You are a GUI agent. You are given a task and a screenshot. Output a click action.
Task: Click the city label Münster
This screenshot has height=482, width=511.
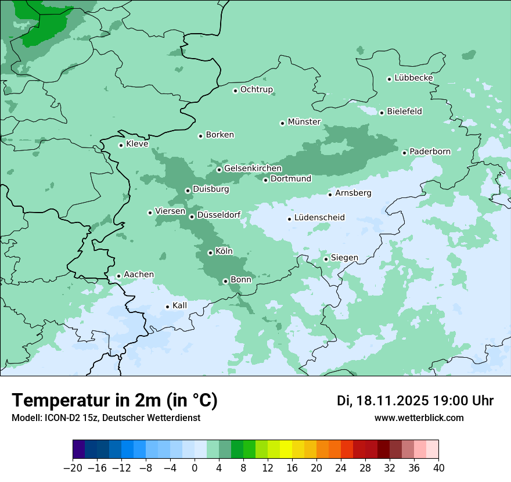304,122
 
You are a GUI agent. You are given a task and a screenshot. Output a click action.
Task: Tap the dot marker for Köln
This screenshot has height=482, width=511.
210,253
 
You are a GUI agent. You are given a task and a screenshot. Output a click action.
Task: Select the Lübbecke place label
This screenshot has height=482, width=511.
413,78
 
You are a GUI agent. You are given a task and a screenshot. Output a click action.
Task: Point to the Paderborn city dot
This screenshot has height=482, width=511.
405,153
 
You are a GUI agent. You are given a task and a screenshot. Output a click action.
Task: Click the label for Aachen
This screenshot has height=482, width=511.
139,275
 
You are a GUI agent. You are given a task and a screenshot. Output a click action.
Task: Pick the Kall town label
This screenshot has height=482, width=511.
180,305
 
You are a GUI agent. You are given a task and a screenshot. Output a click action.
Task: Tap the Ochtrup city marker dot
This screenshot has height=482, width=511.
235,91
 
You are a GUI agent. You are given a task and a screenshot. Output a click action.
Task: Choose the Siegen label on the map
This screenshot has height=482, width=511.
344,258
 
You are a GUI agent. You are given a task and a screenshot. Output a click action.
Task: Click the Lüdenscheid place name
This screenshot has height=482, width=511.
319,218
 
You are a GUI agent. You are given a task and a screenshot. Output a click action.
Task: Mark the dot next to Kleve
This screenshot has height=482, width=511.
121,145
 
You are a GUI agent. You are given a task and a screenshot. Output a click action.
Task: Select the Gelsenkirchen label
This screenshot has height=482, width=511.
253,168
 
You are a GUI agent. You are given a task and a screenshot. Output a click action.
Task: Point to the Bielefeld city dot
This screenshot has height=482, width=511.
382,113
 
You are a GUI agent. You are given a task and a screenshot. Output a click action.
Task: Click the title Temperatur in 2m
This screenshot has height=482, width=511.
114,401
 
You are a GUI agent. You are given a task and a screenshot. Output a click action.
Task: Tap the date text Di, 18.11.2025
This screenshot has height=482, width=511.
382,401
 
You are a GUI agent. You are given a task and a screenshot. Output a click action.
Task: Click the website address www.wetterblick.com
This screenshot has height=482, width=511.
419,418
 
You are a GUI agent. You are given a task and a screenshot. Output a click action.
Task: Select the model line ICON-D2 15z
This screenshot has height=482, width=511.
106,418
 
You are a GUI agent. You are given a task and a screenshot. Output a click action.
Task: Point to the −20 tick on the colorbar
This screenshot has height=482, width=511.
73,468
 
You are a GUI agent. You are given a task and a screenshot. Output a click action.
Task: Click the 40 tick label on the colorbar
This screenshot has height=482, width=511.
438,468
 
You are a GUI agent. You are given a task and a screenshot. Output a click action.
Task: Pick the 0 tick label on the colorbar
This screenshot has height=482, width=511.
195,468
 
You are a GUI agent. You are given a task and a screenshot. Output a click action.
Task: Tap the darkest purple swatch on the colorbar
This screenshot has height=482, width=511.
79,449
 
